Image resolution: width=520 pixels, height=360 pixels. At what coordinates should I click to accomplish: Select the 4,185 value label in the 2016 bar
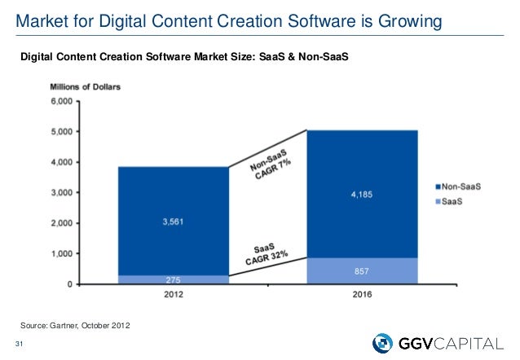(x=363, y=195)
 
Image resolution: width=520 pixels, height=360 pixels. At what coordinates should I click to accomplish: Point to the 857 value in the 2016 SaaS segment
(x=363, y=268)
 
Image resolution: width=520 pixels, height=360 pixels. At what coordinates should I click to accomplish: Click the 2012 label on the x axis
(x=173, y=294)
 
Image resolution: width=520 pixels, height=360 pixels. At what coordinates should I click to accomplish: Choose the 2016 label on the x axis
(x=363, y=294)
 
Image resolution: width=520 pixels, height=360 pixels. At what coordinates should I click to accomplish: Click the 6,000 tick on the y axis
(x=61, y=102)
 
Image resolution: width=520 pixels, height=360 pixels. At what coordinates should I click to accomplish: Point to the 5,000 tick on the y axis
(x=61, y=132)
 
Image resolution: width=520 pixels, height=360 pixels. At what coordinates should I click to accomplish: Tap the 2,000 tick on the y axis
(x=61, y=223)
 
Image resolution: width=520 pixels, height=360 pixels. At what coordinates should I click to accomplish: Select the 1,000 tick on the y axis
(x=61, y=254)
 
